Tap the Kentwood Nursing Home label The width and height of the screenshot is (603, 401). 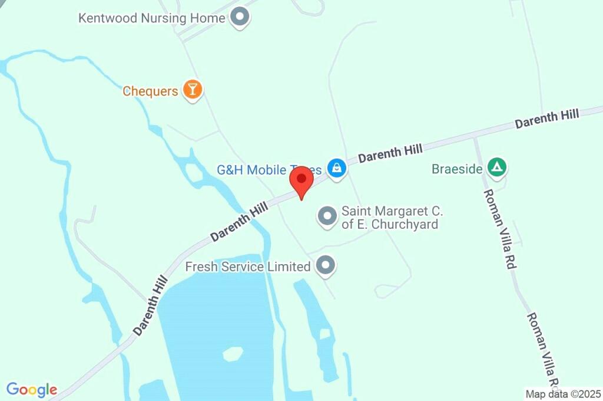[x=152, y=18]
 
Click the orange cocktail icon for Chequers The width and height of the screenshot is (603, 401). [x=192, y=90]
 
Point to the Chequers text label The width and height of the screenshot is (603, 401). [x=150, y=91]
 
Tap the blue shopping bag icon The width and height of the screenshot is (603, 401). [x=336, y=168]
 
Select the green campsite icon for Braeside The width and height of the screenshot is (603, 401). [x=498, y=168]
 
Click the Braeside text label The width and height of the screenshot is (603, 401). [x=457, y=169]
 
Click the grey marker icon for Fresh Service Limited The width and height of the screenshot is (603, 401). [x=325, y=266]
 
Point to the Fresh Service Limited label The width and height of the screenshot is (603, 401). [x=247, y=267]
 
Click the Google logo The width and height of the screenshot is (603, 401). [x=32, y=390]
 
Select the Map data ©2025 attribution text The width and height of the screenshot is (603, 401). [x=564, y=393]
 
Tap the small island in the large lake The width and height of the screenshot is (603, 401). [x=233, y=354]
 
